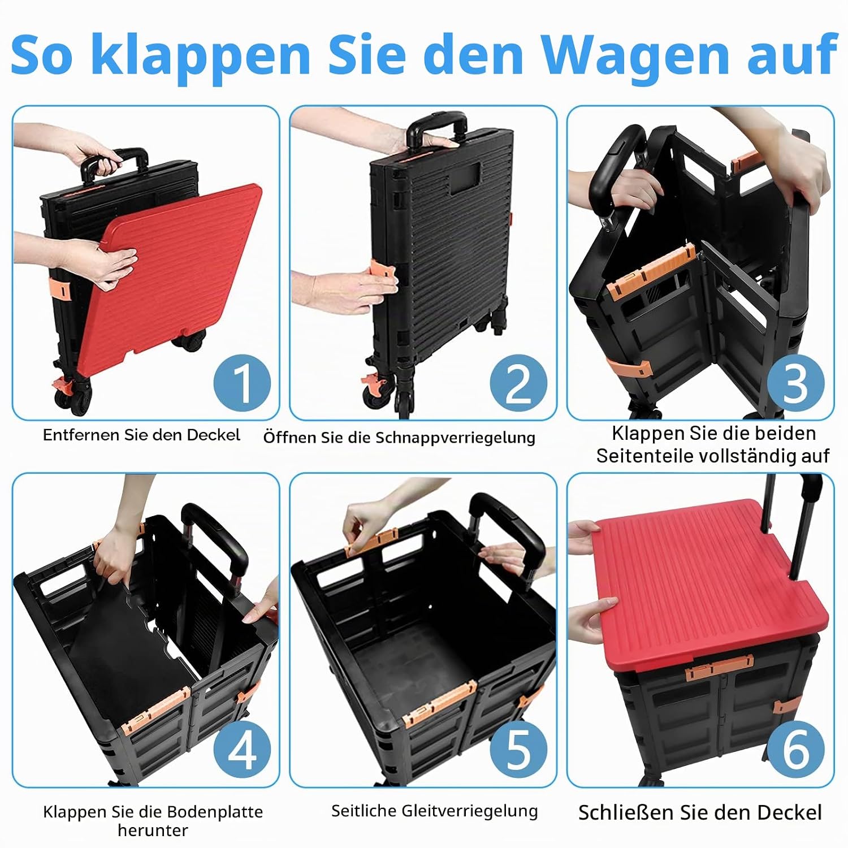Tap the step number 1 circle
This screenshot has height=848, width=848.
click(242, 383)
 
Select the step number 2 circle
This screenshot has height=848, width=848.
click(518, 383)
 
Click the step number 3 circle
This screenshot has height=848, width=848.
click(795, 383)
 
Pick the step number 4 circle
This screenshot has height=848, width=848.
click(242, 750)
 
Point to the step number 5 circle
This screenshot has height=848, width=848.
click(518, 750)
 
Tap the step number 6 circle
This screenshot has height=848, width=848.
click(795, 750)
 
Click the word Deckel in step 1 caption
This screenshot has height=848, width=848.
click(213, 435)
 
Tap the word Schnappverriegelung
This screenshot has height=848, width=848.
click(455, 438)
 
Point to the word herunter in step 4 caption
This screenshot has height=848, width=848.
click(153, 830)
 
